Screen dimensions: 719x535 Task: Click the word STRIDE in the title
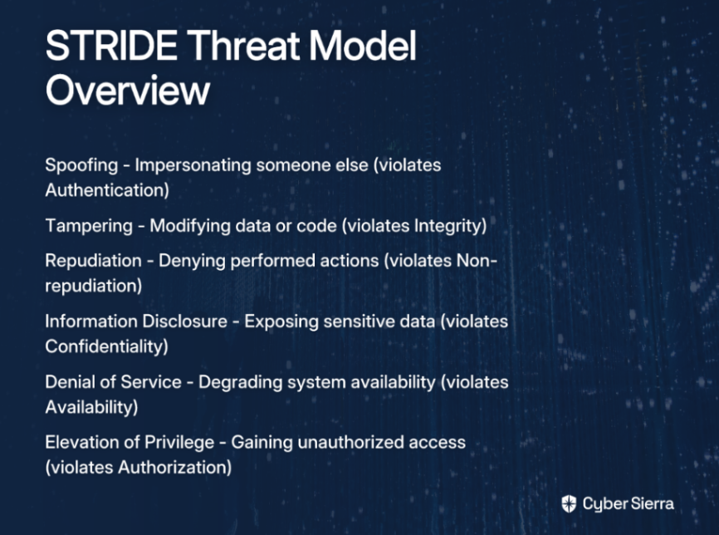[x=111, y=46]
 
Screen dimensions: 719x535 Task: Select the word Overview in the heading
[x=128, y=90]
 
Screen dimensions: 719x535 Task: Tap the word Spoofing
[x=81, y=165]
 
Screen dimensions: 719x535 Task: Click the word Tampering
[x=89, y=226]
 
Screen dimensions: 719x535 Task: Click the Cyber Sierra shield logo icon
[x=569, y=503]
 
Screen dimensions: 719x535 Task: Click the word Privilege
[x=179, y=443]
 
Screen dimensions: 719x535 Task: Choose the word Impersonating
[x=193, y=165]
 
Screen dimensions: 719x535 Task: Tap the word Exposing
[x=281, y=322]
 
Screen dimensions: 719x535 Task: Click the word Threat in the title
[x=243, y=46]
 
